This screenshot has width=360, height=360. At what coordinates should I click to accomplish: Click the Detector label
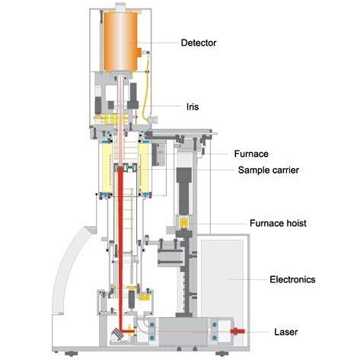tap(199, 43)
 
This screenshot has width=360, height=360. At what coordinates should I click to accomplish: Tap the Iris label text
tap(193, 107)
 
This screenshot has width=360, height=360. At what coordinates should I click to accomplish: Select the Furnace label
tap(251, 154)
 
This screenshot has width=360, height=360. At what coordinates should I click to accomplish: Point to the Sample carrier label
tap(269, 170)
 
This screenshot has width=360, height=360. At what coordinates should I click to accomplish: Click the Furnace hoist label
tap(278, 223)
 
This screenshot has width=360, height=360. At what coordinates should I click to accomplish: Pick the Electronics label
tap(292, 279)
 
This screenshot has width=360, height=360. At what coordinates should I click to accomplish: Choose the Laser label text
tap(286, 332)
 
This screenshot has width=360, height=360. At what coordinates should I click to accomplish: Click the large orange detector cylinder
tap(120, 41)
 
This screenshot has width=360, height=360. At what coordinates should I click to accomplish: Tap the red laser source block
tap(237, 331)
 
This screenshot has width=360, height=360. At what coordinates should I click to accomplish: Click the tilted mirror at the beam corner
tap(117, 334)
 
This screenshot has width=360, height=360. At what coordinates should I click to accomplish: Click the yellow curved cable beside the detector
tap(146, 86)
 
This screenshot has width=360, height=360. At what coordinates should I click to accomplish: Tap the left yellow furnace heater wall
tap(107, 168)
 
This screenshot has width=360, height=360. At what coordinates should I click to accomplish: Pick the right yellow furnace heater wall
tap(144, 168)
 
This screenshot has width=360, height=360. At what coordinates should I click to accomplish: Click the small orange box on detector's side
tap(139, 53)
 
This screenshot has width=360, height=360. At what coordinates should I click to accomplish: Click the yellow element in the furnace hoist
tap(183, 223)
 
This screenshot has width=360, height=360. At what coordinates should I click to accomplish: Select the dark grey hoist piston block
tap(184, 191)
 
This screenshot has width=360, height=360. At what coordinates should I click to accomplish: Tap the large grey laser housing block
tap(183, 332)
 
